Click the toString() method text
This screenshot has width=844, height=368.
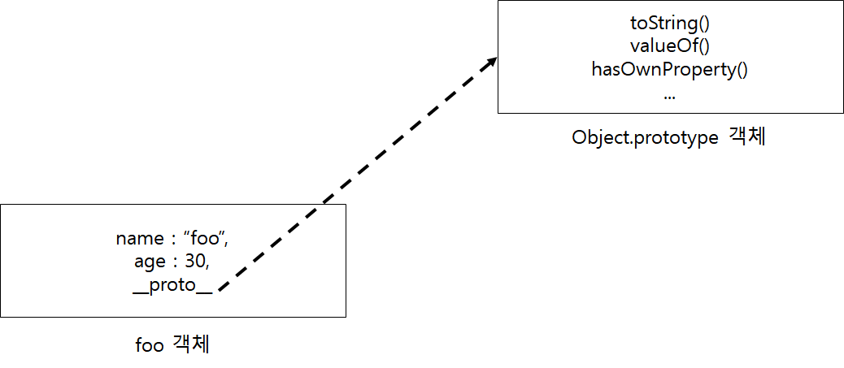(669, 24)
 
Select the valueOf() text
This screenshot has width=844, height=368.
(669, 46)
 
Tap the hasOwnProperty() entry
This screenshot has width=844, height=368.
(669, 69)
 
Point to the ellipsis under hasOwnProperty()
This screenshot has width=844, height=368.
(669, 96)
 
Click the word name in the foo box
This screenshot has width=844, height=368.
(138, 239)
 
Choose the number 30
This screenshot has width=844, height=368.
(194, 263)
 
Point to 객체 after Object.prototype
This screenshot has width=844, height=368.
(748, 137)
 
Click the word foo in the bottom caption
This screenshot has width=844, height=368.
(150, 344)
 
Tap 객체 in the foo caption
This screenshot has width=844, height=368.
(191, 344)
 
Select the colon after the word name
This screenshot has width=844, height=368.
(172, 240)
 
